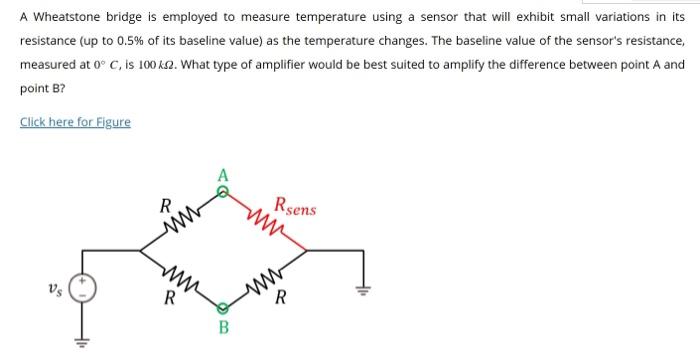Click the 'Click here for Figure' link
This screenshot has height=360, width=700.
pos(75,122)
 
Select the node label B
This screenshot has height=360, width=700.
pos(225,326)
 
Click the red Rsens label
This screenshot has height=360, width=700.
pos(296,207)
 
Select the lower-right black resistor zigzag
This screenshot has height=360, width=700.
pos(271,274)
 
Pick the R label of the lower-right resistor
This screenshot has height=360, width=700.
pos(283,296)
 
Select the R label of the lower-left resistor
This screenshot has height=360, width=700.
pos(169,296)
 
